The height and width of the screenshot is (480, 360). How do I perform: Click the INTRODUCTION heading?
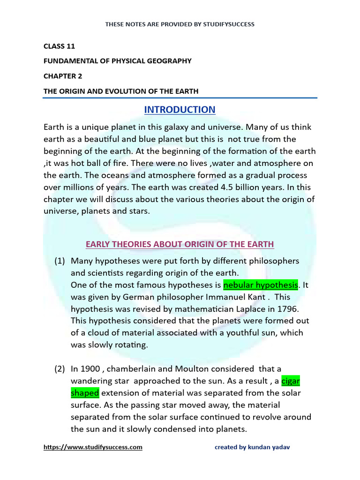(180, 110)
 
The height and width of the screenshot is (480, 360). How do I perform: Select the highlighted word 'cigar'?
(291, 381)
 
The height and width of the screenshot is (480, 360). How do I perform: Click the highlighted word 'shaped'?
(85, 393)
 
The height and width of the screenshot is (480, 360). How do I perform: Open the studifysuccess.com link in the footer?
(93, 447)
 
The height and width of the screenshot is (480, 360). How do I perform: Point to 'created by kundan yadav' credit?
(252, 447)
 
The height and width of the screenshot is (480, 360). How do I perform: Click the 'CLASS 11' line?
(59, 46)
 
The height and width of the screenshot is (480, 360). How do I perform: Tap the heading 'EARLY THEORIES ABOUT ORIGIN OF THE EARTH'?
(180, 244)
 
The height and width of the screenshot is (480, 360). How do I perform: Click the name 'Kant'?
(259, 297)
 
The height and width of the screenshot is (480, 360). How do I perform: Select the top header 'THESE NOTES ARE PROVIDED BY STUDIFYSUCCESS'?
(180, 24)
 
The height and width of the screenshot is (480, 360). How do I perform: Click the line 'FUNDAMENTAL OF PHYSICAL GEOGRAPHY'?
(118, 61)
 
